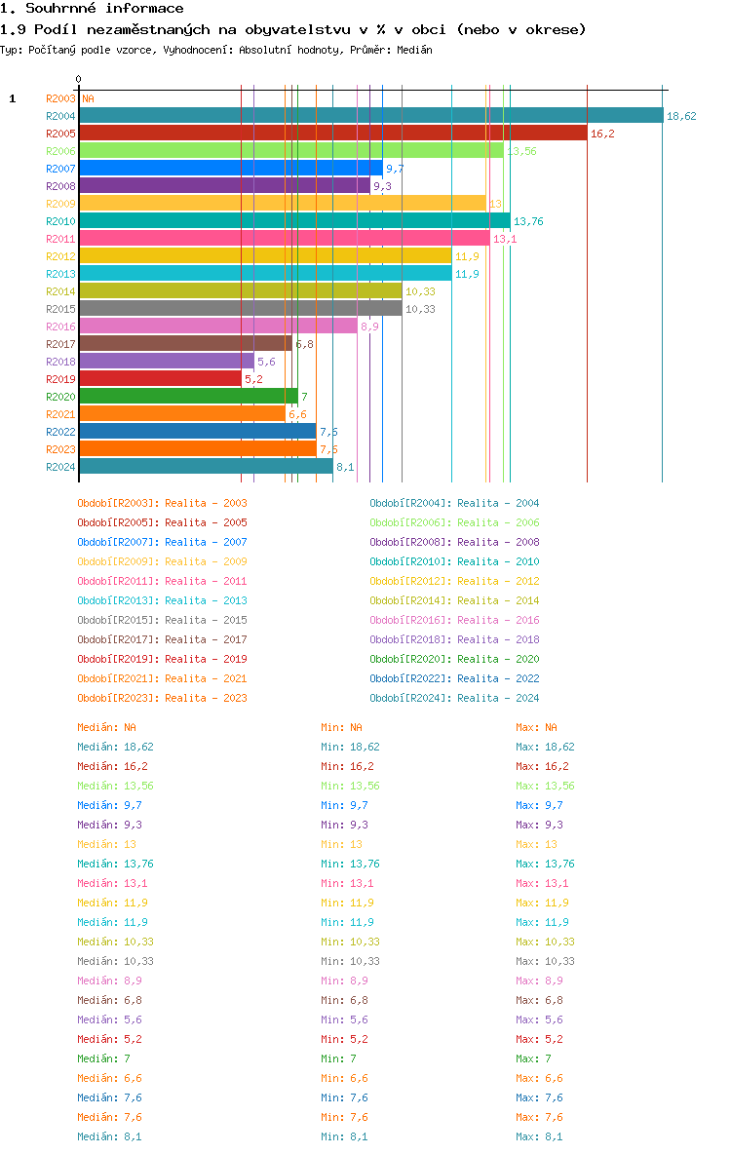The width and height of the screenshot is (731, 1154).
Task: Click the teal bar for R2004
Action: (x=370, y=116)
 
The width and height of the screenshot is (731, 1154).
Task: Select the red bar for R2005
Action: (x=332, y=134)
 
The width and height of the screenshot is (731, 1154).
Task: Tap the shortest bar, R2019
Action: (x=160, y=379)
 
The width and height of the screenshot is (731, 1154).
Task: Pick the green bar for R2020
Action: (x=188, y=397)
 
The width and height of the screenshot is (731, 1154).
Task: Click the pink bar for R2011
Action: (x=284, y=239)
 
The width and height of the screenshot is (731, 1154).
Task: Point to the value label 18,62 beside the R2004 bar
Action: (x=681, y=116)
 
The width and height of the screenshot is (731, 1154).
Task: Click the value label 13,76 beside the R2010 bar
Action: (x=528, y=221)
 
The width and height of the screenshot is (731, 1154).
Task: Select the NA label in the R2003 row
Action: (x=88, y=98)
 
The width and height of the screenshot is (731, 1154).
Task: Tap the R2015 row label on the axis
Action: (x=60, y=309)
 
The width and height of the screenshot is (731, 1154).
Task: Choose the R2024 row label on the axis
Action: (x=60, y=467)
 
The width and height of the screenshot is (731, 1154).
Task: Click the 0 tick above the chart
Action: (x=78, y=80)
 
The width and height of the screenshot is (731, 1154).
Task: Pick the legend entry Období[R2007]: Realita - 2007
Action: (x=162, y=542)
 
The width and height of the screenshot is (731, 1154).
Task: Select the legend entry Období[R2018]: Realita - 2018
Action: (x=454, y=639)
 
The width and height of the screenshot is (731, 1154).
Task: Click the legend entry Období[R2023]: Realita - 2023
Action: (x=162, y=698)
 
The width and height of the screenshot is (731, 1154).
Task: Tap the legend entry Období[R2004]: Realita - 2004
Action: (x=454, y=503)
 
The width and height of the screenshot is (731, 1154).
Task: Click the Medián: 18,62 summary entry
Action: (x=115, y=747)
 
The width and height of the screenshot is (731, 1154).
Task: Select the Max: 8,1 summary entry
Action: (x=539, y=1136)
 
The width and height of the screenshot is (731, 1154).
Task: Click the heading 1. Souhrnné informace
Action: (x=92, y=9)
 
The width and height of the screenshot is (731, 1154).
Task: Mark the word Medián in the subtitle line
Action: (x=416, y=50)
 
